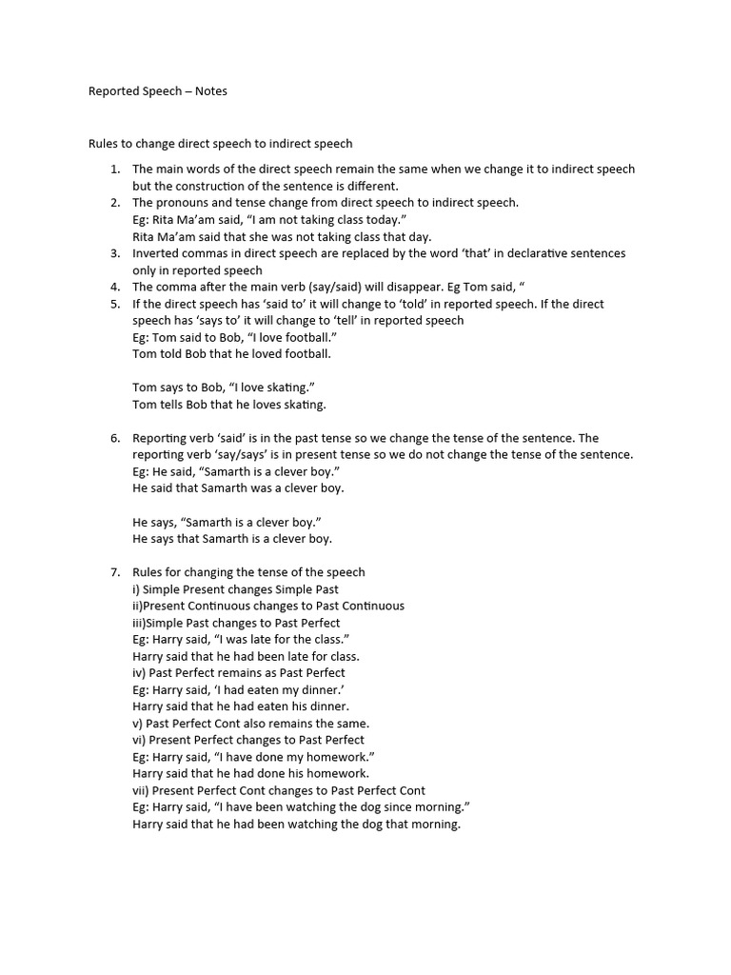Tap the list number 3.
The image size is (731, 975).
coord(114,253)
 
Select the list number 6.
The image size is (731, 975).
coord(114,438)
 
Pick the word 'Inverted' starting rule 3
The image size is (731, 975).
coord(157,253)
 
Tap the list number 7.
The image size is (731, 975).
coord(114,572)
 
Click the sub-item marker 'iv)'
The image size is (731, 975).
coord(139,673)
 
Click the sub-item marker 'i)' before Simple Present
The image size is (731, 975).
coord(136,589)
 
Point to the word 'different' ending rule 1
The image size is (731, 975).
coord(372,186)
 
